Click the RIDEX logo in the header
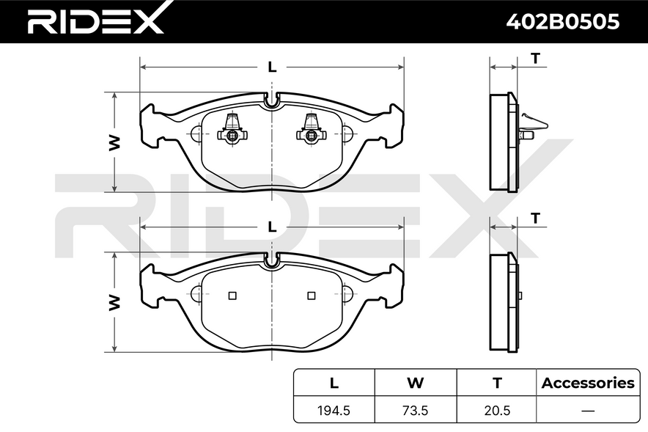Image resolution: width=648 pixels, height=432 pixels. (x=96, y=21)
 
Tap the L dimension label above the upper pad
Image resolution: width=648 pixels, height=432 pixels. (x=272, y=67)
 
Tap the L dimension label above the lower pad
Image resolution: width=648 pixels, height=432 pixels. (x=272, y=227)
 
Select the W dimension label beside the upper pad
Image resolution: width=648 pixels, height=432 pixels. (x=114, y=143)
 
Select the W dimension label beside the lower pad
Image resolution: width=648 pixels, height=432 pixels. (x=114, y=302)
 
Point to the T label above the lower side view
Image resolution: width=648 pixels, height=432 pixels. (x=536, y=218)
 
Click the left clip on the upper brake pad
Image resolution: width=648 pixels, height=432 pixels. (x=233, y=131)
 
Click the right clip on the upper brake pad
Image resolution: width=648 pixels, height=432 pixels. (x=311, y=131)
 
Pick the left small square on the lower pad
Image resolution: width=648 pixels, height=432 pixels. (x=233, y=296)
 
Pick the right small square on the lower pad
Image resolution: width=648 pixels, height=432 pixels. (x=312, y=296)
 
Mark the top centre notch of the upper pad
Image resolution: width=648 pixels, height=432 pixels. (x=272, y=103)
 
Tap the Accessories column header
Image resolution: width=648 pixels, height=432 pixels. (x=587, y=382)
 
